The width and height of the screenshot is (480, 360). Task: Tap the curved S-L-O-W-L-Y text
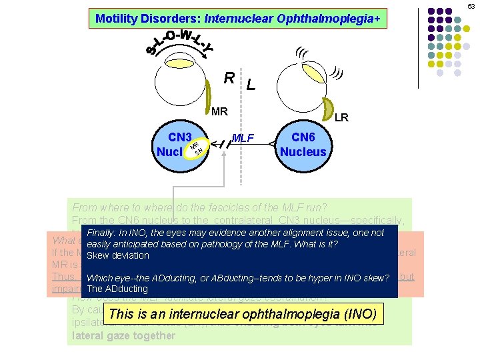tap(179, 41)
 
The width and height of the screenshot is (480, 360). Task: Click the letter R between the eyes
tap(229, 77)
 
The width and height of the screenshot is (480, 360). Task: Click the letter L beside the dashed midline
tap(250, 85)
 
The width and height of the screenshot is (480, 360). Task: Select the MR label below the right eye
tap(219, 111)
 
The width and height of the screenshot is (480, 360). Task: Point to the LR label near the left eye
tap(341, 118)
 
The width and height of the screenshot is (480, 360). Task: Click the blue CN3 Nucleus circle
tap(175, 144)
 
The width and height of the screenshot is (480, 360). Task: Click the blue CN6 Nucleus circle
tap(303, 145)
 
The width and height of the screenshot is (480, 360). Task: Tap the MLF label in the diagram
tap(243, 138)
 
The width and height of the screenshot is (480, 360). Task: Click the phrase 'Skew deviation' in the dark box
tap(117, 255)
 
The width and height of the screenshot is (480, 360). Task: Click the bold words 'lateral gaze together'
tap(123, 335)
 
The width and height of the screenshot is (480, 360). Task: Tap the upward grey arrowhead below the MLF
tap(225, 153)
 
